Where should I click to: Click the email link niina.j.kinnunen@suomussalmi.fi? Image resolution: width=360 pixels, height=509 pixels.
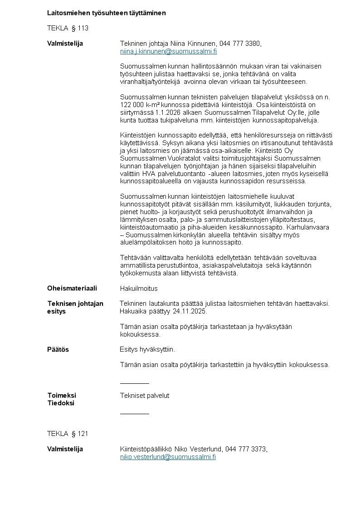click(x=168, y=51)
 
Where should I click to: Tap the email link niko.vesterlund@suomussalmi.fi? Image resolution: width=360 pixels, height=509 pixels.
click(x=168, y=457)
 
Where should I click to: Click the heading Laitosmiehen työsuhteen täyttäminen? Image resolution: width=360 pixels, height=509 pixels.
click(x=107, y=13)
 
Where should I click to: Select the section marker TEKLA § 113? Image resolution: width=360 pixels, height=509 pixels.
click(x=68, y=28)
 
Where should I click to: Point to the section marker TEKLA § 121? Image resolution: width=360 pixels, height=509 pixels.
click(x=68, y=434)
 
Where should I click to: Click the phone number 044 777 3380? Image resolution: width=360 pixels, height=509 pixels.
click(x=240, y=44)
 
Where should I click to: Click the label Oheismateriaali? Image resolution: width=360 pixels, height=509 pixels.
click(x=72, y=289)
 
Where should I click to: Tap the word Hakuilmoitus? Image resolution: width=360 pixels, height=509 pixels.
click(x=139, y=289)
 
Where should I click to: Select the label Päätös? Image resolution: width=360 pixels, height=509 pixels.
click(x=58, y=349)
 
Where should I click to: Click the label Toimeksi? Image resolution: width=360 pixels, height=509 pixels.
click(x=62, y=396)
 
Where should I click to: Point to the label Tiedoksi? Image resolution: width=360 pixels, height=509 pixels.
click(x=61, y=403)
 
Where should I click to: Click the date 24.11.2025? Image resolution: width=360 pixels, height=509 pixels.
click(x=190, y=311)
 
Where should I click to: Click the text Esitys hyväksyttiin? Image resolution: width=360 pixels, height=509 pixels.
click(x=147, y=349)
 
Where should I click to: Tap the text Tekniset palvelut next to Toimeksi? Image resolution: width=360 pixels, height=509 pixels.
click(x=145, y=396)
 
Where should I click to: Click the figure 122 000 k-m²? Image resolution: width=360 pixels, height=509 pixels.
click(x=139, y=105)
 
